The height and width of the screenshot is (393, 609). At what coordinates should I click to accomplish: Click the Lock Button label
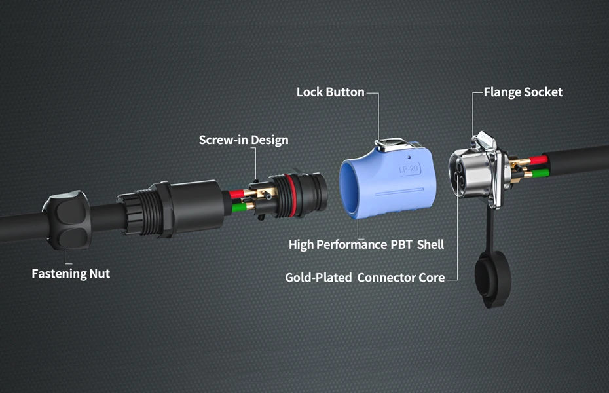[x=331, y=92]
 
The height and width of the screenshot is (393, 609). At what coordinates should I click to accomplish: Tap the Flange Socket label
[x=523, y=92]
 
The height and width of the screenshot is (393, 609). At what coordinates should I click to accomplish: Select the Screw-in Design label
[x=244, y=140]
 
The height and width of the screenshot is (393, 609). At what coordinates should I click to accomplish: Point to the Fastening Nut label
[x=71, y=274]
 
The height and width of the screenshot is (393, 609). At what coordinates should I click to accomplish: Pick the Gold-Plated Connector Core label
[x=365, y=278]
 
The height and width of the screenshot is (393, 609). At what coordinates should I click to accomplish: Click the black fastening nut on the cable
[x=67, y=220]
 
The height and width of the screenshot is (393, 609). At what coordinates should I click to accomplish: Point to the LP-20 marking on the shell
[x=409, y=169]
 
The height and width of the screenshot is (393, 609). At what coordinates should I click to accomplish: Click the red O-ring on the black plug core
[x=289, y=195]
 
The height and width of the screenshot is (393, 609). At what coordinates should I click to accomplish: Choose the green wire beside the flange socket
[x=541, y=173]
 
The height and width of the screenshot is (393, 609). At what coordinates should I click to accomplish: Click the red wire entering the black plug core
[x=237, y=194]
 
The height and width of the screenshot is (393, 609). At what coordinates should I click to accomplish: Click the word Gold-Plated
[x=318, y=278]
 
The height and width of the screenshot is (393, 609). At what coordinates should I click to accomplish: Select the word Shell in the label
[x=430, y=245]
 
